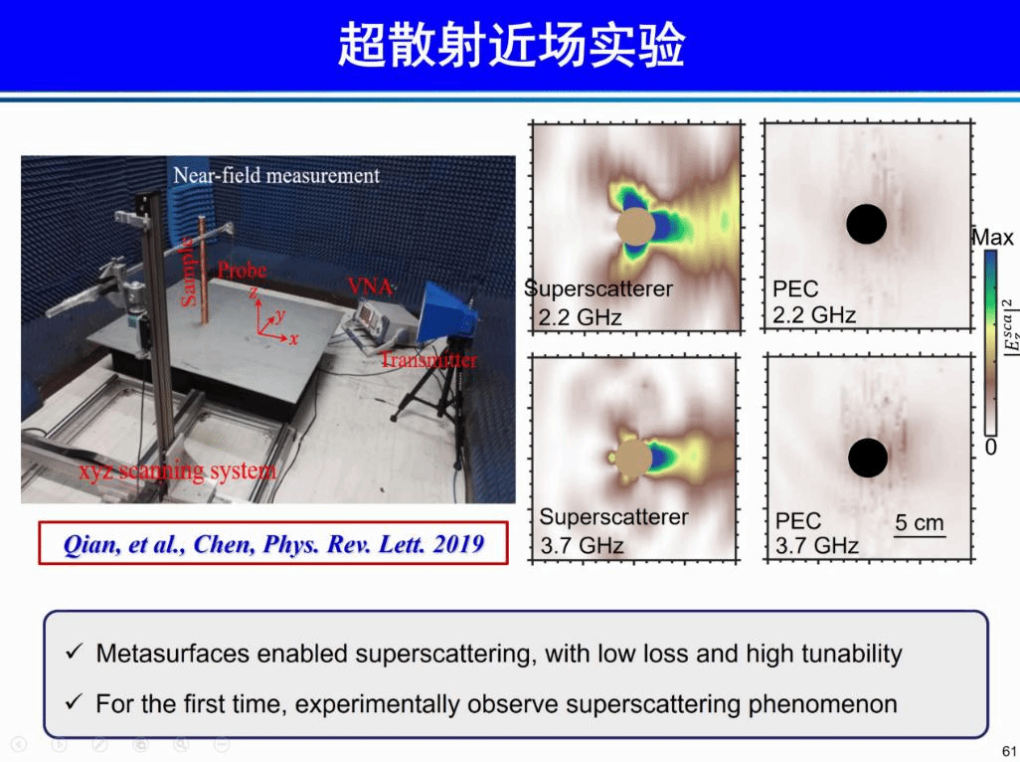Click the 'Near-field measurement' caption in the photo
[276, 176]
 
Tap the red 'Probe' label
[242, 270]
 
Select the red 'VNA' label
[370, 286]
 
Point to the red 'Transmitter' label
[428, 359]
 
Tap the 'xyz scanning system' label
[178, 470]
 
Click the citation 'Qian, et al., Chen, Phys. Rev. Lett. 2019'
[273, 544]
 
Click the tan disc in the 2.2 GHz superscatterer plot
[635, 227]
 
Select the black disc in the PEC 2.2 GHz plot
[867, 224]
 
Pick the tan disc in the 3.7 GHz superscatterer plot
[633, 458]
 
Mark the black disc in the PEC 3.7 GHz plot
[868, 458]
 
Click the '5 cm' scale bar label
[920, 522]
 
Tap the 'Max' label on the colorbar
[993, 238]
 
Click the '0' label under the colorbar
[991, 447]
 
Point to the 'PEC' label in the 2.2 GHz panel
[795, 288]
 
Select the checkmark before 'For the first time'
[75, 702]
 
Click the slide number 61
[1009, 750]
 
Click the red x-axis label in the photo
[294, 339]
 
